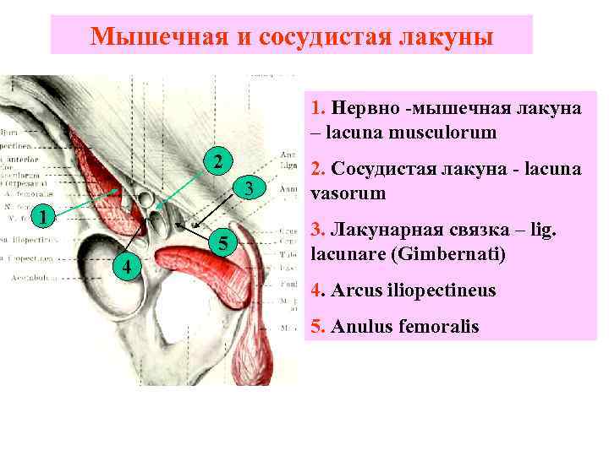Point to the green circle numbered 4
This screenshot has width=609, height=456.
tap(126, 269)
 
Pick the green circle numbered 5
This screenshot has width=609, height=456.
tap(222, 244)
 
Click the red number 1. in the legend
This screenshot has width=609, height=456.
tap(319, 108)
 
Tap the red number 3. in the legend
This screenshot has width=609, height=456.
tap(319, 228)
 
